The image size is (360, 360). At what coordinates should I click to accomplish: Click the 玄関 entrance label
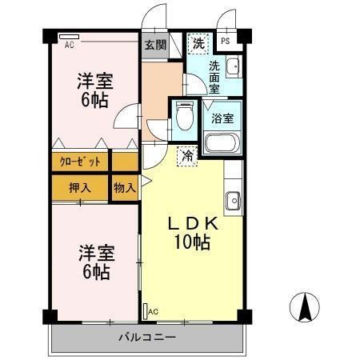pos(155,45)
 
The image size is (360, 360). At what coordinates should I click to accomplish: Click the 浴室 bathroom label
pos(222,119)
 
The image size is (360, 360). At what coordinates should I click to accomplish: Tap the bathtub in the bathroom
pos(222,144)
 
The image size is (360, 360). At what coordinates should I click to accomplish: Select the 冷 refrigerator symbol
pos(186,157)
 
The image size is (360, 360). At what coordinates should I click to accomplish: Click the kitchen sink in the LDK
pos(233,200)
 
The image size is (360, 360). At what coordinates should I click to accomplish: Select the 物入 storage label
pos(124,189)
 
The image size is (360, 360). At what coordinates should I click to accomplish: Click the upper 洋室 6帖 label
pos(94,90)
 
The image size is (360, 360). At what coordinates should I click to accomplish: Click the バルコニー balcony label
pos(148,337)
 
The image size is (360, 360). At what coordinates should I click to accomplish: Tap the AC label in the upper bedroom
pos(70,44)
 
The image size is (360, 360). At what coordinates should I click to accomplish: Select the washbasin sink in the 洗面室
pos(233,67)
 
